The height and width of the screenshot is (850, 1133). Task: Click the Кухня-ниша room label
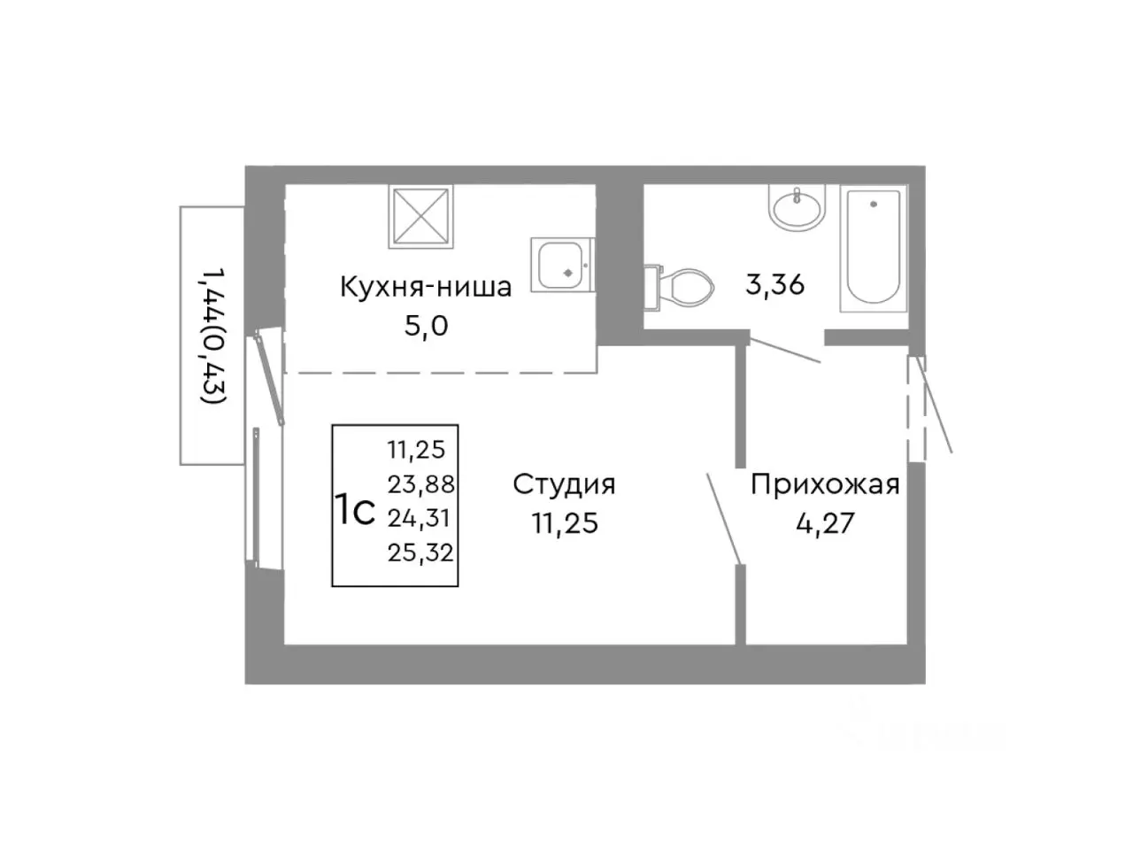coord(426,287)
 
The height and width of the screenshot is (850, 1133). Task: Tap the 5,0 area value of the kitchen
coord(426,326)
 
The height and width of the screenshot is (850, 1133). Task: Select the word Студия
coord(564,484)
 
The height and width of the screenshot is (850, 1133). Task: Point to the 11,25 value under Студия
coord(564,523)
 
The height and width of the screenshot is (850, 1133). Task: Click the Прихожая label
coord(825,484)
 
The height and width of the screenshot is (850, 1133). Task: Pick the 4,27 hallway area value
coord(825,523)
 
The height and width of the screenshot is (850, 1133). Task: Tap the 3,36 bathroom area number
coord(775,285)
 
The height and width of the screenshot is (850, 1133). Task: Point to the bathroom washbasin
coord(797,210)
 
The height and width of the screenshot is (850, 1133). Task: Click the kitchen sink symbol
coord(559,263)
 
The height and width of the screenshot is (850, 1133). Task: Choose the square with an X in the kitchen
coord(420,215)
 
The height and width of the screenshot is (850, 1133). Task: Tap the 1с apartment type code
coord(355,511)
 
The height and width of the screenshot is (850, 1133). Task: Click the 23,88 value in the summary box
coord(420,483)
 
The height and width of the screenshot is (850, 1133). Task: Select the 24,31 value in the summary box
coord(420,518)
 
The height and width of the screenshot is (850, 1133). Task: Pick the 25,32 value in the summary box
coord(420,553)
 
